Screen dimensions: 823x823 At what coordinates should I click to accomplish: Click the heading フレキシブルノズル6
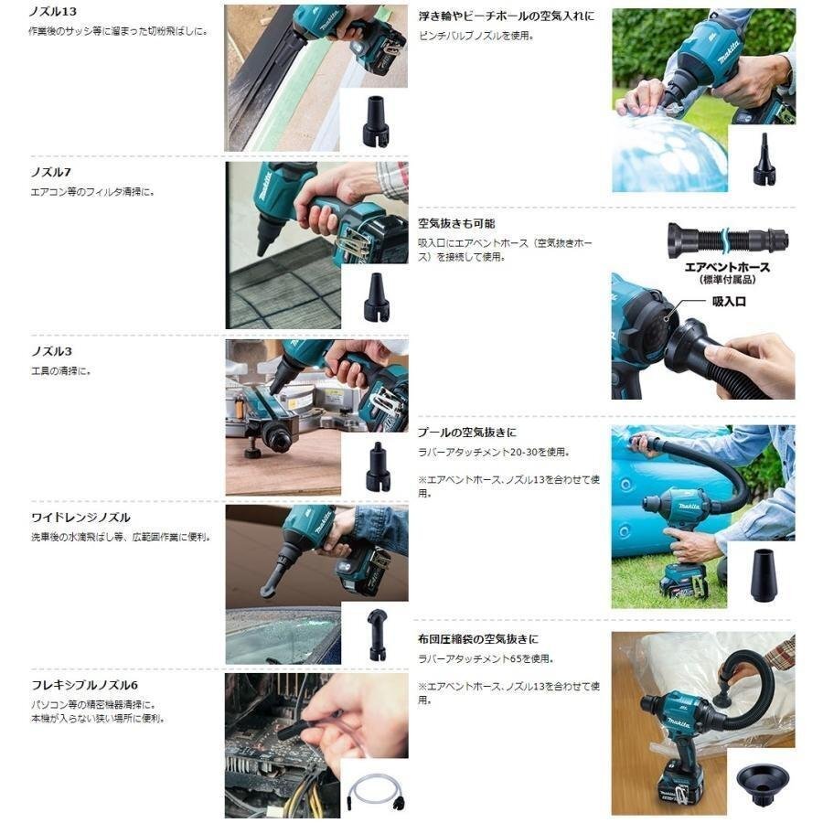(x=83, y=685)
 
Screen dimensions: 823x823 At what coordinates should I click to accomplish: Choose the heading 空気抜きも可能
(x=456, y=223)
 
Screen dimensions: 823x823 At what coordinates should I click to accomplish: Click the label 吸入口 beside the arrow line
(x=729, y=301)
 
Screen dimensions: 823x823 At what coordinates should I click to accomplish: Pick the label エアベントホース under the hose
(x=727, y=267)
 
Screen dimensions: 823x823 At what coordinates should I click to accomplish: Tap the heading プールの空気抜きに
(x=467, y=433)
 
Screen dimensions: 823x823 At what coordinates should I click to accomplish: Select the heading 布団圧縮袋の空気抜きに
(x=478, y=639)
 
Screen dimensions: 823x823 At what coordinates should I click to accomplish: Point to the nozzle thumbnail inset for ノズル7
(x=375, y=297)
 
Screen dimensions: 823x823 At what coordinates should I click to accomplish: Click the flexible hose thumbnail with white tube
(x=375, y=788)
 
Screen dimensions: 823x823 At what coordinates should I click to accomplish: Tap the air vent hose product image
(x=727, y=240)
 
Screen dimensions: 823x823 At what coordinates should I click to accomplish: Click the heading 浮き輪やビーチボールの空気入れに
(x=506, y=16)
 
